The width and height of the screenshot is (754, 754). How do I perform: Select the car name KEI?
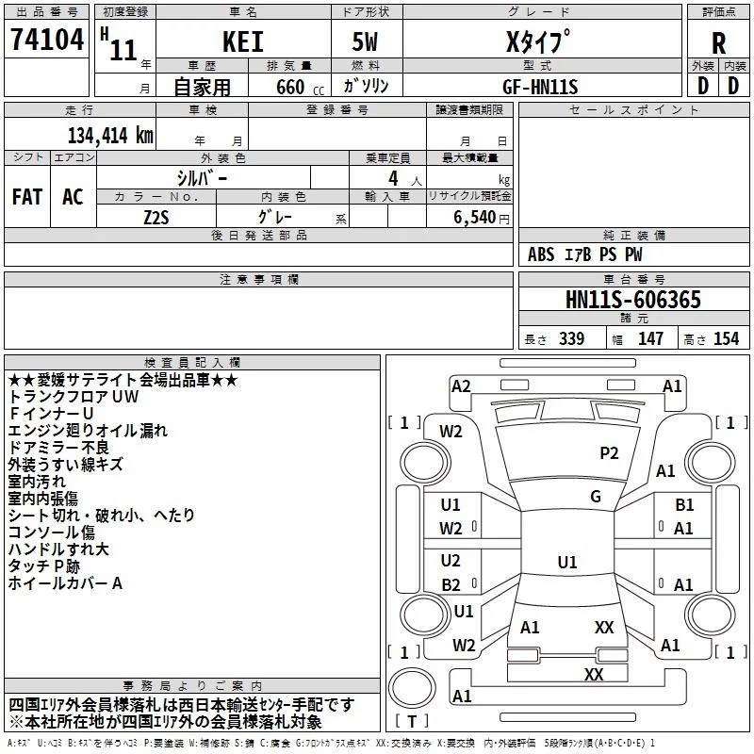(x=242, y=43)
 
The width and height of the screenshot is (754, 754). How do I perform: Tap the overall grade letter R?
(x=718, y=43)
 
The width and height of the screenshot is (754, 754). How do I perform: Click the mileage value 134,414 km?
(x=110, y=135)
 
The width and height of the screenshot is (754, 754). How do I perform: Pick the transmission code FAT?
(x=26, y=197)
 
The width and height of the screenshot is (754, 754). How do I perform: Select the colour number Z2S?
(x=156, y=216)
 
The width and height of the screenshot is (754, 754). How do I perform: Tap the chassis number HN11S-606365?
(x=632, y=300)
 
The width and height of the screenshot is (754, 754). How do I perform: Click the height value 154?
(x=726, y=339)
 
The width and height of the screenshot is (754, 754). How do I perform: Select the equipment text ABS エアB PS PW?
(x=585, y=254)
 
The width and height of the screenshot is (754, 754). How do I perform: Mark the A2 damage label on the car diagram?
(x=461, y=386)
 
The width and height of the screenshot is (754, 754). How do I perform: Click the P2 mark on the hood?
(x=609, y=453)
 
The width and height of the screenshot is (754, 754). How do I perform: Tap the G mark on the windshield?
(x=596, y=497)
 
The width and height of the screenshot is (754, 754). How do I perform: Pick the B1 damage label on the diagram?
(x=684, y=506)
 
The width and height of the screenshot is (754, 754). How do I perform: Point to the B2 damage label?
(x=451, y=584)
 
